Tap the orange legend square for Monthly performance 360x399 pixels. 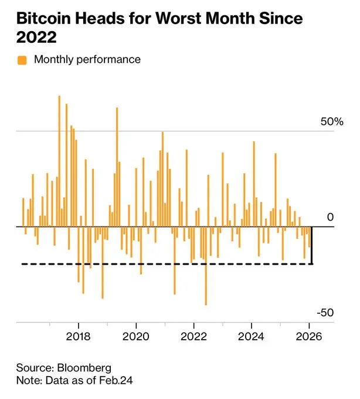coord(22,59)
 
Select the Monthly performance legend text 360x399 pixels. coord(87,59)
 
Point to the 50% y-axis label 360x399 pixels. coord(331,122)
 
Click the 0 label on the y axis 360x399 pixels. coord(330,217)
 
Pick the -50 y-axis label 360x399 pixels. coord(327,313)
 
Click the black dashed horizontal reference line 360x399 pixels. coord(164,264)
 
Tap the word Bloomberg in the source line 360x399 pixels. coord(84,368)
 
